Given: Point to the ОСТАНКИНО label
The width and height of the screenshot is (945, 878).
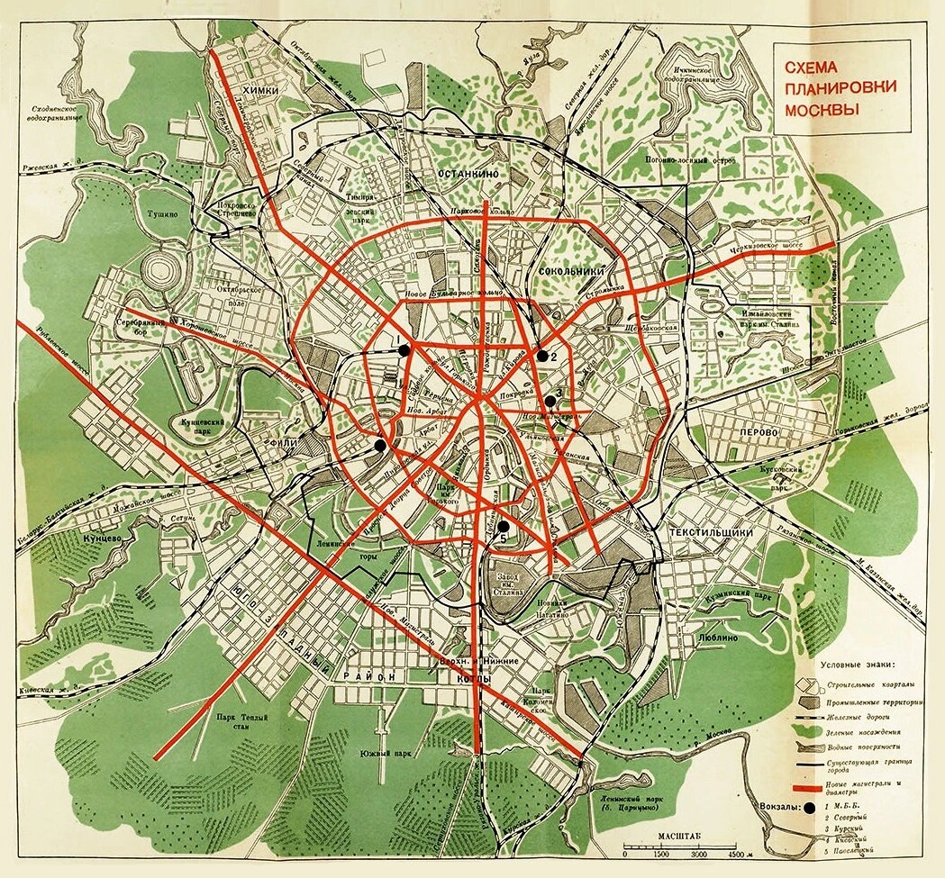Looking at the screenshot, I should click(469, 172).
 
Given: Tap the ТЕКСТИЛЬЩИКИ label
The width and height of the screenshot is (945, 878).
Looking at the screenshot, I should click(711, 532).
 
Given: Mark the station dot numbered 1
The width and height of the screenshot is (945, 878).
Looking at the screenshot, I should click(404, 349).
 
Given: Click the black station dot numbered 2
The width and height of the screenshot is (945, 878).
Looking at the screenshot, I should click(541, 355).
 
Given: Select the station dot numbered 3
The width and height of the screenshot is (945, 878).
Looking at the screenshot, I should click(550, 401).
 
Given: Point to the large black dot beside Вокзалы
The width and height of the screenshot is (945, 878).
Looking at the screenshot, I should click(813, 808).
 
